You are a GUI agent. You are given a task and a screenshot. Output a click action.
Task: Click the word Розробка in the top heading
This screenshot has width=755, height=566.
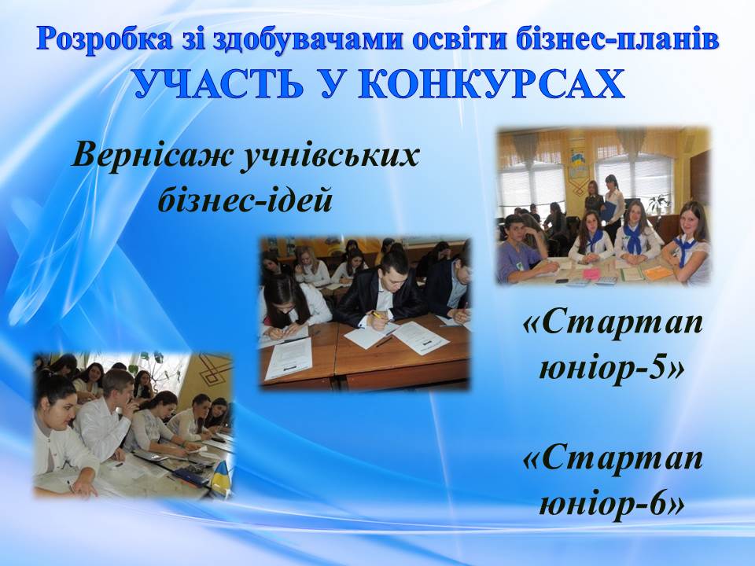tap(104, 39)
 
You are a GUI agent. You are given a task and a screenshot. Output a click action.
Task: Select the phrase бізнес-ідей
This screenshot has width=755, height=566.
tap(245, 200)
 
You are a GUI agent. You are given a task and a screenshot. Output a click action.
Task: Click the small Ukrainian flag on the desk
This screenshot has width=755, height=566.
tap(221, 476)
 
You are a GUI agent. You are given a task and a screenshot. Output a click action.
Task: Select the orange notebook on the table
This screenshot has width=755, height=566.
tap(657, 273)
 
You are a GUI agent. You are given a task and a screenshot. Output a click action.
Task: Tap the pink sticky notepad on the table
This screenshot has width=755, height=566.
tap(591, 274)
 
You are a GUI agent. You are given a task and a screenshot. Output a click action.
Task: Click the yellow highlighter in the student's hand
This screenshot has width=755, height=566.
tap(374, 315)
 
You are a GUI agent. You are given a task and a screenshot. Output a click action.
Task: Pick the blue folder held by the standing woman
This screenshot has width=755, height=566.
tap(610, 211)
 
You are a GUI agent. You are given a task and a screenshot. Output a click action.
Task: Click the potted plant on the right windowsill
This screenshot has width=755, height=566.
tap(657, 203)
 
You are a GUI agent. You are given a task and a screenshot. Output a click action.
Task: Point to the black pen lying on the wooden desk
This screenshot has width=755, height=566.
tap(384, 341)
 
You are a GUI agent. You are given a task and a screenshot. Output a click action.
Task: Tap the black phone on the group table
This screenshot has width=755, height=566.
tap(561, 280)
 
